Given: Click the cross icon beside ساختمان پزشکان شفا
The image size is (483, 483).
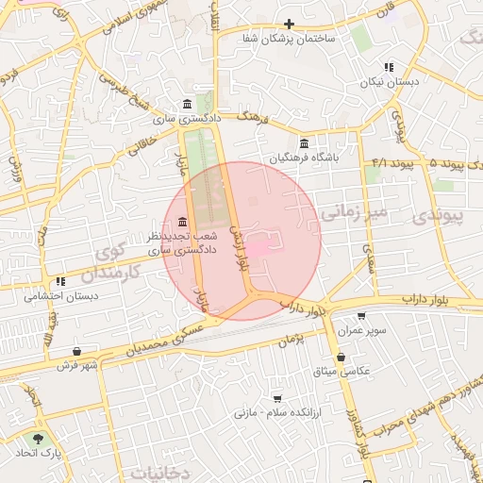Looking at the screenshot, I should [289, 24].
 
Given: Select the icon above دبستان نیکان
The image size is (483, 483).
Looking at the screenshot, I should [388, 67].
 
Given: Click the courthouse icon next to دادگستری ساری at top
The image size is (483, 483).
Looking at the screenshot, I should [188, 104].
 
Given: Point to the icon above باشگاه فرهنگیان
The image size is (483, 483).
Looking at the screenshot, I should [304, 143].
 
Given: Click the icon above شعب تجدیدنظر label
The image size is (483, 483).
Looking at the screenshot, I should [182, 222].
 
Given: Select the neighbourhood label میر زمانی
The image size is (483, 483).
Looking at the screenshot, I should [354, 213].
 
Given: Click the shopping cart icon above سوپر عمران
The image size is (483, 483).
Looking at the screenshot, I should [361, 317].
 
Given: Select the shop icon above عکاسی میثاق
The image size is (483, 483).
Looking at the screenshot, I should [340, 358].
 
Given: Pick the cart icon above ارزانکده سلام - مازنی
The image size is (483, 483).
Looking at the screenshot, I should [276, 399].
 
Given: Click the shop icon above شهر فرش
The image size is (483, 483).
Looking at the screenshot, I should [75, 352].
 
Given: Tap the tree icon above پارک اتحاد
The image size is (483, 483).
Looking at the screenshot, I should [38, 439].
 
